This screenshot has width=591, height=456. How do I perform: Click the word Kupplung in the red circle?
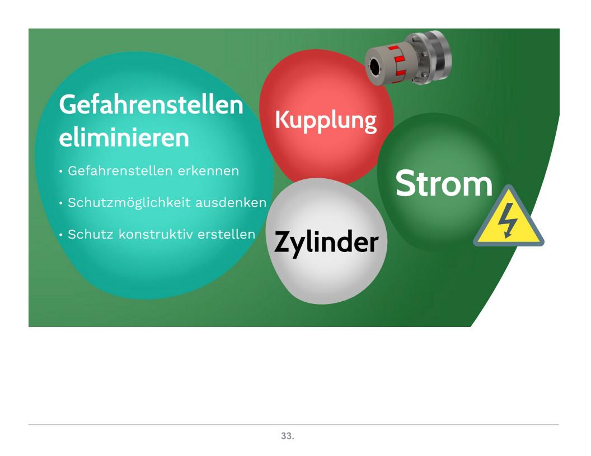[326, 120]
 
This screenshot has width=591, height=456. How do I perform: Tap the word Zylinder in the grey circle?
[326, 243]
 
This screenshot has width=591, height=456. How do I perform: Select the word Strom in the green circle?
[444, 184]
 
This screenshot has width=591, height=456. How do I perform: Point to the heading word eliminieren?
[124, 137]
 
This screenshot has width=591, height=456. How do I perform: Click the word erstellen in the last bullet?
[226, 234]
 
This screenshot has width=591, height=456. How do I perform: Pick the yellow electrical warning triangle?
[509, 216]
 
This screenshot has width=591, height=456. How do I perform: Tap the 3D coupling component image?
[408, 57]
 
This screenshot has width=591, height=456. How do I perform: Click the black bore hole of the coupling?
[374, 66]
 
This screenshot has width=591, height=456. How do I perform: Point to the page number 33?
[288, 436]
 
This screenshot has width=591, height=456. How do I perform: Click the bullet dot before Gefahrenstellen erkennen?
[60, 172]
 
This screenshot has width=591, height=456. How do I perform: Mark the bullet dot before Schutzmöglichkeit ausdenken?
[60, 203]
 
